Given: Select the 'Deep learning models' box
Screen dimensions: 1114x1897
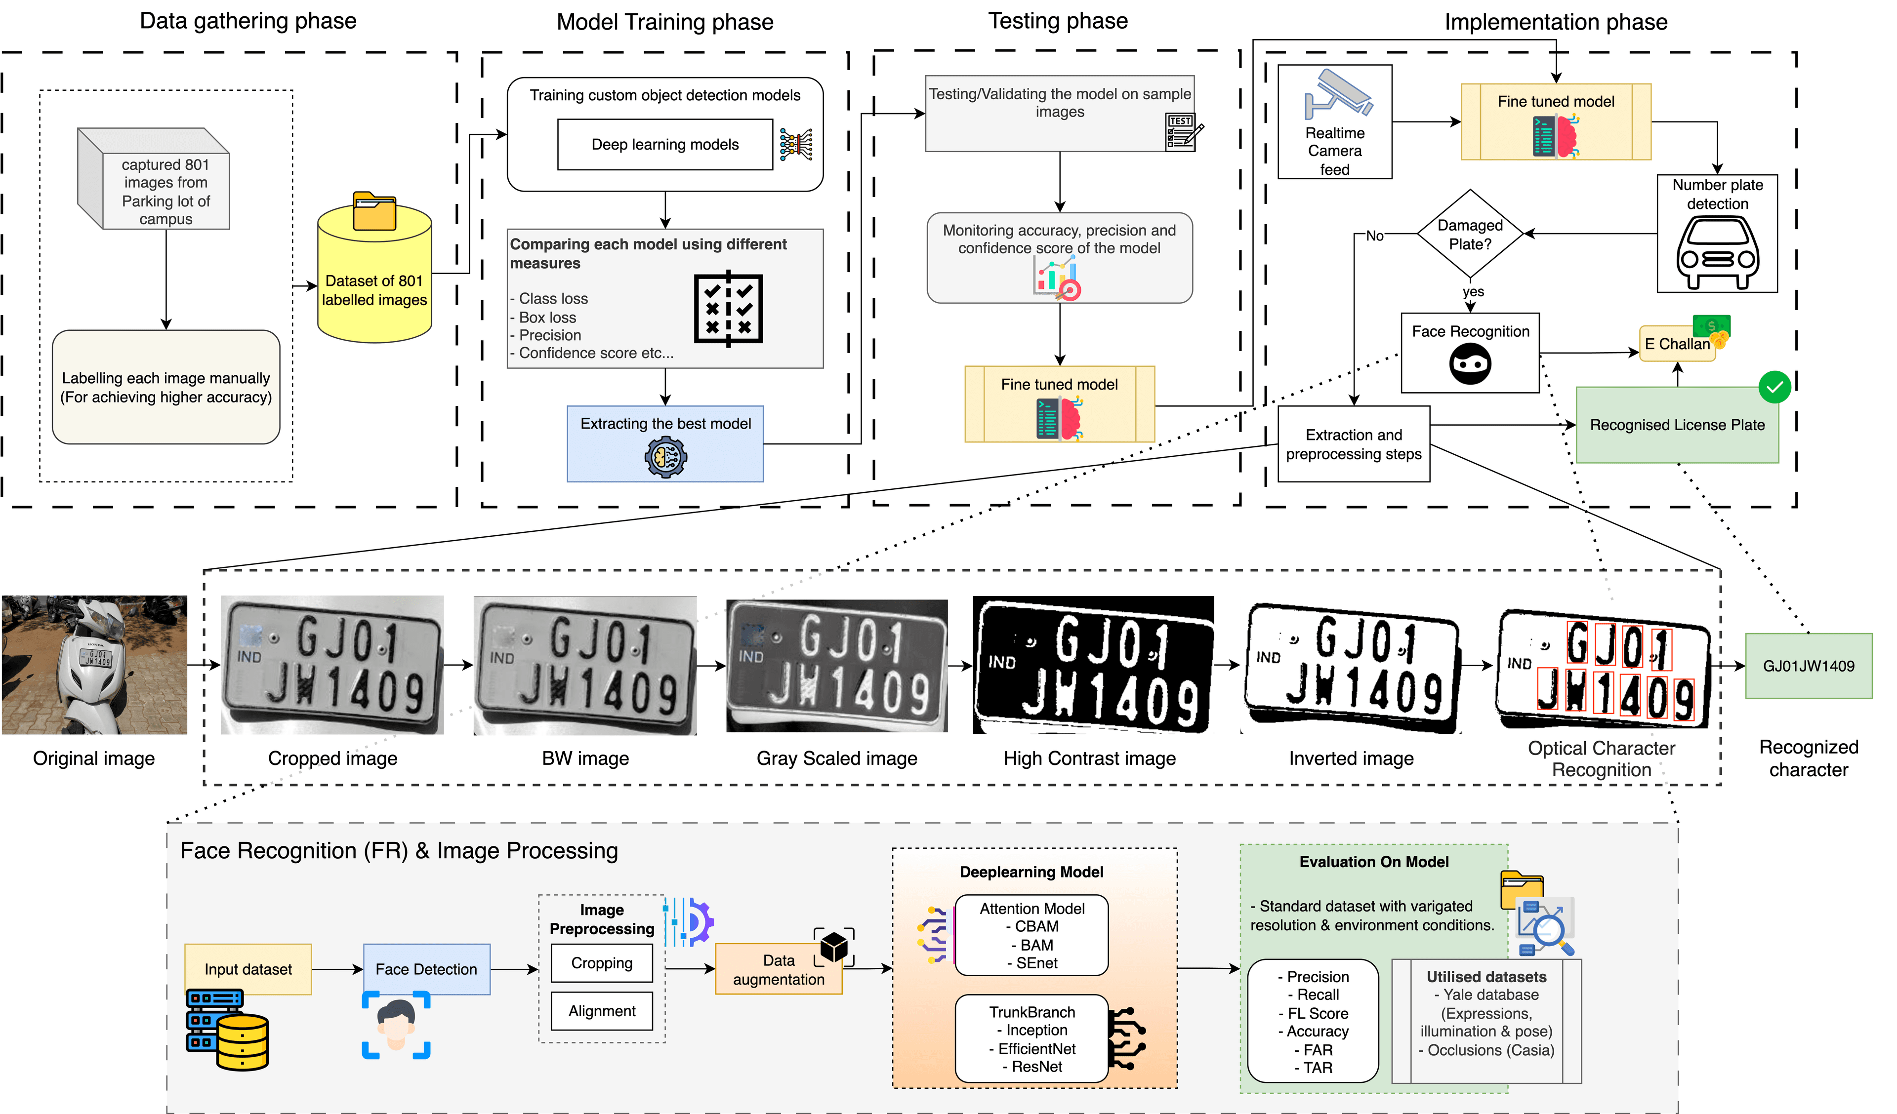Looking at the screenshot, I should (665, 145).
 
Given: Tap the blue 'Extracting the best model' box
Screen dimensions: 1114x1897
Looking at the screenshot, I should (665, 443).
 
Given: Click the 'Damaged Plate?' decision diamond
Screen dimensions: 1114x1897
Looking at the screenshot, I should (1469, 234).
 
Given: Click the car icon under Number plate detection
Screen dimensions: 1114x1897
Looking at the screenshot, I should (1717, 253).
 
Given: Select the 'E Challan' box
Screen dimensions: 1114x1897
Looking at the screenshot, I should (1677, 345).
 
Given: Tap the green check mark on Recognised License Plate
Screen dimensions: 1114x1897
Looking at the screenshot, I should (1774, 387).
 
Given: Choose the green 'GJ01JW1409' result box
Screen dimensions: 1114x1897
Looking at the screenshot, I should (1808, 666).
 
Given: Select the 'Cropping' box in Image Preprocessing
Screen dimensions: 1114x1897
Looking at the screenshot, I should (602, 963).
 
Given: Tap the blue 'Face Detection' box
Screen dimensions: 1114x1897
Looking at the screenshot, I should (426, 969).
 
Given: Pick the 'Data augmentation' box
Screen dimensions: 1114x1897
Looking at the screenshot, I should (779, 969).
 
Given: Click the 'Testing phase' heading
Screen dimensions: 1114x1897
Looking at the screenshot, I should (1058, 21).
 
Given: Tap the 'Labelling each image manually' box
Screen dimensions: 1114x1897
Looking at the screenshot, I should (165, 387).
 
